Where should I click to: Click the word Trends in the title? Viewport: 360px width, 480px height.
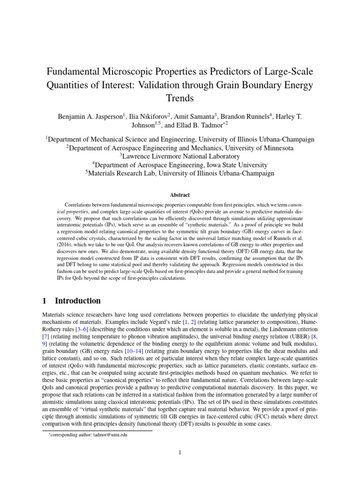tap(180, 99)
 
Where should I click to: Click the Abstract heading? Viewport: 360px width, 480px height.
tap(180, 195)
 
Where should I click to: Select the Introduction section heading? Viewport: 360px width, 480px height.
tap(78, 301)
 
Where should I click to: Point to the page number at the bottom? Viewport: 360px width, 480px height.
tap(180, 452)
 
